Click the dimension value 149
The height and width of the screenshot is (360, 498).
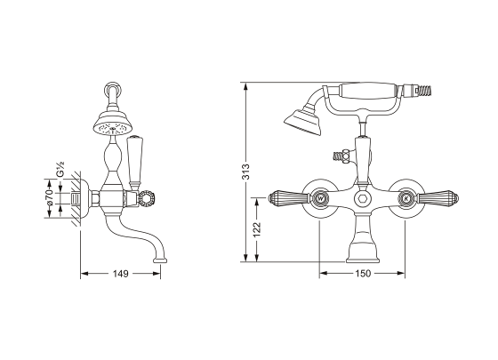pos(122,273)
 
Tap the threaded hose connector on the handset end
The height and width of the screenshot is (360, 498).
pos(418,91)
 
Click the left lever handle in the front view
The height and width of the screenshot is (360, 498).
pos(285,197)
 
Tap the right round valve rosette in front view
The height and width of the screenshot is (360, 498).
pos(406,198)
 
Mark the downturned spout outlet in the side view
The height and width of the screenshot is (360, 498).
pos(161,257)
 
